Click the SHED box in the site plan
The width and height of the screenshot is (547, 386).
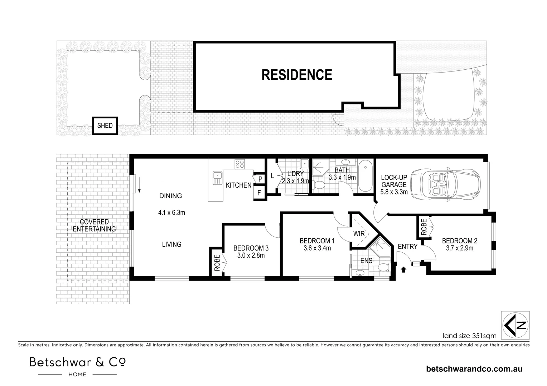105,125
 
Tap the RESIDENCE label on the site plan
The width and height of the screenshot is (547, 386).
297,75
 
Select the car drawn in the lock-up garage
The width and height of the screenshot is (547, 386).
445,184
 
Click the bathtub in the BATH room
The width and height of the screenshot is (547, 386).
365,175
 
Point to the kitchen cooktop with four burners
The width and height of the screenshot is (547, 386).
239,164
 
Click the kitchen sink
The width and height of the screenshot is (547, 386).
217,178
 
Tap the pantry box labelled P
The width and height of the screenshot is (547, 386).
259,179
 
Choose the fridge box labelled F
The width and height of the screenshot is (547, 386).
259,193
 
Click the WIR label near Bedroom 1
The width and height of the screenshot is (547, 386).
359,234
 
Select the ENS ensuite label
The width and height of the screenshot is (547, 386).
366,261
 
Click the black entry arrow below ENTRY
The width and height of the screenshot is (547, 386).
404,269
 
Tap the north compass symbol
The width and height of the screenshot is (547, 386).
515,325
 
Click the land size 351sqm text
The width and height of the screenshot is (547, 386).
469,336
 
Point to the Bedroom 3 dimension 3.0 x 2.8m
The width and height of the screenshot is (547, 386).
251,255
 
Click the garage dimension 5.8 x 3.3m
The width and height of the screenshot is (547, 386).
394,192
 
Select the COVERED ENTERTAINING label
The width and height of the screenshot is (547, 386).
94,225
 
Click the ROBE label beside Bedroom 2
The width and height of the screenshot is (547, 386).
424,227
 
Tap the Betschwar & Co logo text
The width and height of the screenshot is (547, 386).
77,362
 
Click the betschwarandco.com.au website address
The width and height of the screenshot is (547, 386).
474,369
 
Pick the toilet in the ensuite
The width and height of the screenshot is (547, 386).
384,267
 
